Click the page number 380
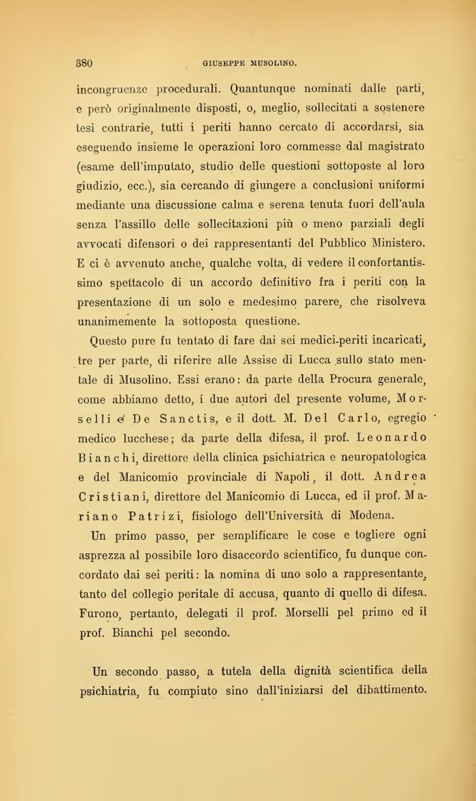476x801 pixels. click(84, 63)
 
